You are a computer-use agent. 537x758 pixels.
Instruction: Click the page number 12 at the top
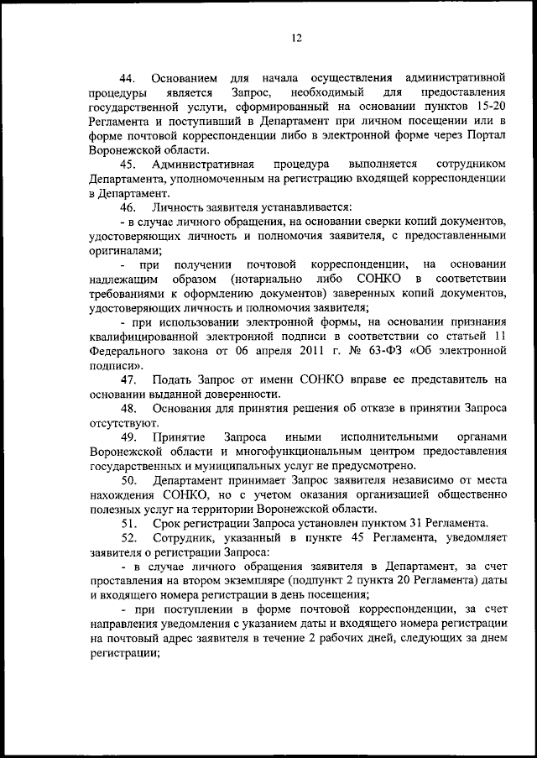tap(296, 37)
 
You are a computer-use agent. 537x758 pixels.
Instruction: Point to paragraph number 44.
tap(129, 78)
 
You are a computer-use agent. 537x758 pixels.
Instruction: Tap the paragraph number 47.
tap(129, 379)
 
